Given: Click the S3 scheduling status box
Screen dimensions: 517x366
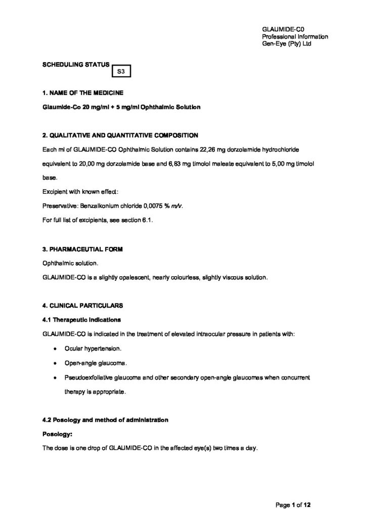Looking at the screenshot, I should tap(121, 72).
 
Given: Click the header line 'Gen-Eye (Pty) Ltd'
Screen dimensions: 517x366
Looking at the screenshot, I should tap(287, 44).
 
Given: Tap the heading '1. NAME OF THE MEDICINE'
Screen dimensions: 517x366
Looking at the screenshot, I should tap(82, 93).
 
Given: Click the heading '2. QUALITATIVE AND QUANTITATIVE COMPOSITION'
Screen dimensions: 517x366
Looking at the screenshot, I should tap(120, 135).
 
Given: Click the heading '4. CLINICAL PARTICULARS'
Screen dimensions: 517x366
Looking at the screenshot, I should tap(82, 306).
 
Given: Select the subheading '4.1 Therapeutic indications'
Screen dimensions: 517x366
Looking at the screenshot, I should tap(81, 320).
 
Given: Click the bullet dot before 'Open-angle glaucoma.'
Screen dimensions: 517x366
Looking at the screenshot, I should tap(55, 363).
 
